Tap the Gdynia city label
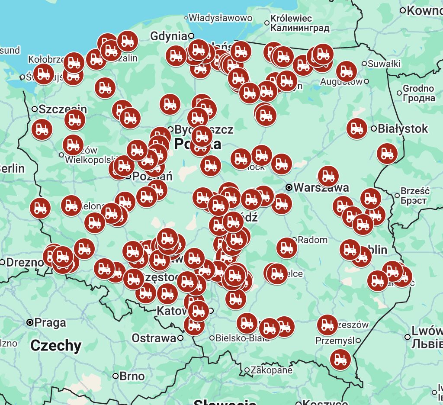point(169,36)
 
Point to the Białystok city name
point(403,129)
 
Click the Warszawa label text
point(321,188)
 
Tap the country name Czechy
point(56,345)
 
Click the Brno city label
point(132,376)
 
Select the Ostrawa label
point(154,338)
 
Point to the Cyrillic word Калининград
point(300,28)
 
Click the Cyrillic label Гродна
point(419,98)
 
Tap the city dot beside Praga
point(30,322)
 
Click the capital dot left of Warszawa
point(289,188)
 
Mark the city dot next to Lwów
point(408,337)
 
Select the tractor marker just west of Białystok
point(357,128)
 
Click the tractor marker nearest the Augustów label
point(346,71)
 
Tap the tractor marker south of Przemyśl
point(340,359)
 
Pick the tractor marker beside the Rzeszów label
point(327,325)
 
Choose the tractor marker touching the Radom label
point(287,248)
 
